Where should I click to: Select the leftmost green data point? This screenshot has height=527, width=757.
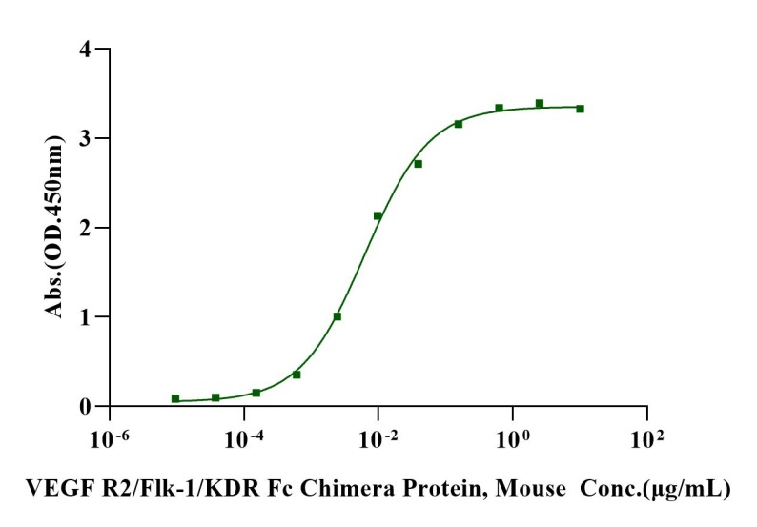coord(175,399)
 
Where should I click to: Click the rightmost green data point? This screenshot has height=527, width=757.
coord(580,109)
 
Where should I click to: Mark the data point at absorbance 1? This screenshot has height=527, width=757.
coord(338,316)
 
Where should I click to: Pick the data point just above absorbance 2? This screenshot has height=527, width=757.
coord(378,216)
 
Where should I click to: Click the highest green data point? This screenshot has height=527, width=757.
coord(540,103)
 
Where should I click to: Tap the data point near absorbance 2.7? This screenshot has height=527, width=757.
coord(418,164)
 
